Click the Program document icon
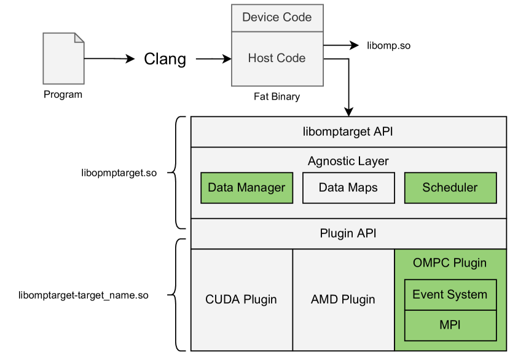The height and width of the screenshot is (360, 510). click(x=63, y=58)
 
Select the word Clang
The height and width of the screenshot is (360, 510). click(x=165, y=59)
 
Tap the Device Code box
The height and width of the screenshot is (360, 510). click(x=277, y=17)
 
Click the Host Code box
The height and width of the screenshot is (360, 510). click(x=277, y=58)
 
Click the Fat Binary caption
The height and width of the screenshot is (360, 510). click(x=277, y=97)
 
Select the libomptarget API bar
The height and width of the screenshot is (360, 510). click(x=348, y=131)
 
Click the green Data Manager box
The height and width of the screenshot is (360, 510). click(x=246, y=187)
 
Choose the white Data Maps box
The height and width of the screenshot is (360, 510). click(x=348, y=187)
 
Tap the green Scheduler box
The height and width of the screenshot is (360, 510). click(x=450, y=187)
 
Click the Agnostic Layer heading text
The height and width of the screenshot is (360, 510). click(x=348, y=162)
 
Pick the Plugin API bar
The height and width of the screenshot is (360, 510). click(x=348, y=233)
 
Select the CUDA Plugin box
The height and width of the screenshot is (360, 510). click(x=241, y=300)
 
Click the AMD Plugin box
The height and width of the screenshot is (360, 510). click(x=343, y=300)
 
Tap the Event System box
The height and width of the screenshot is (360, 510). click(x=450, y=294)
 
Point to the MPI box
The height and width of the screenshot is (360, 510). click(x=450, y=325)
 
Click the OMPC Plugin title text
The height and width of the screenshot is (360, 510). click(x=450, y=263)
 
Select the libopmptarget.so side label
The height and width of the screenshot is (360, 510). click(x=119, y=173)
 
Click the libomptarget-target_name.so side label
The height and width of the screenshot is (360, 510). click(x=84, y=295)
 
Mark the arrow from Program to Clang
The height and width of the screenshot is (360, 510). click(x=109, y=59)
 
